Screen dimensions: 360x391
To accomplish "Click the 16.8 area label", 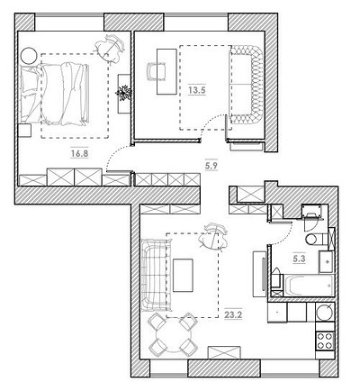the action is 80,153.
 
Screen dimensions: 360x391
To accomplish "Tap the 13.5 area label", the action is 197,90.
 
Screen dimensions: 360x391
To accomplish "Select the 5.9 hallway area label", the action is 211,165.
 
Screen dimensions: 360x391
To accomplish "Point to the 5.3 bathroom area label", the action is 299,259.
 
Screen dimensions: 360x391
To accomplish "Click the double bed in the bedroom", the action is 55,94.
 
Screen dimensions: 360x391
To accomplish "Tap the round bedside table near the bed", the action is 29,56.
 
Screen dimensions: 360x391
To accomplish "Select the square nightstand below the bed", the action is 24,131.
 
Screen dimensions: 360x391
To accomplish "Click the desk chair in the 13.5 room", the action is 157,71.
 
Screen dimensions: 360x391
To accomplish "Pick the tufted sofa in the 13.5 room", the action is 246,84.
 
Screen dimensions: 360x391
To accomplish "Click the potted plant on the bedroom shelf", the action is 124,92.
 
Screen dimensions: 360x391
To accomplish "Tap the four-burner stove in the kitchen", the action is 325,341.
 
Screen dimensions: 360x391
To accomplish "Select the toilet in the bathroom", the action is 315,239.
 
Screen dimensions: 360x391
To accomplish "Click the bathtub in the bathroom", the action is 309,286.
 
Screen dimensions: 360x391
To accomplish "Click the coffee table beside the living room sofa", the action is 183,275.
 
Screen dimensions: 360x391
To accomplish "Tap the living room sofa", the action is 156,275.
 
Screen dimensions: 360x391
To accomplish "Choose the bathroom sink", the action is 326,261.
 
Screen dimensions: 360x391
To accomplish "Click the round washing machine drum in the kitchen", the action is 325,312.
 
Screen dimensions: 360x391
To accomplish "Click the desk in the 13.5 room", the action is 166,71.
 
